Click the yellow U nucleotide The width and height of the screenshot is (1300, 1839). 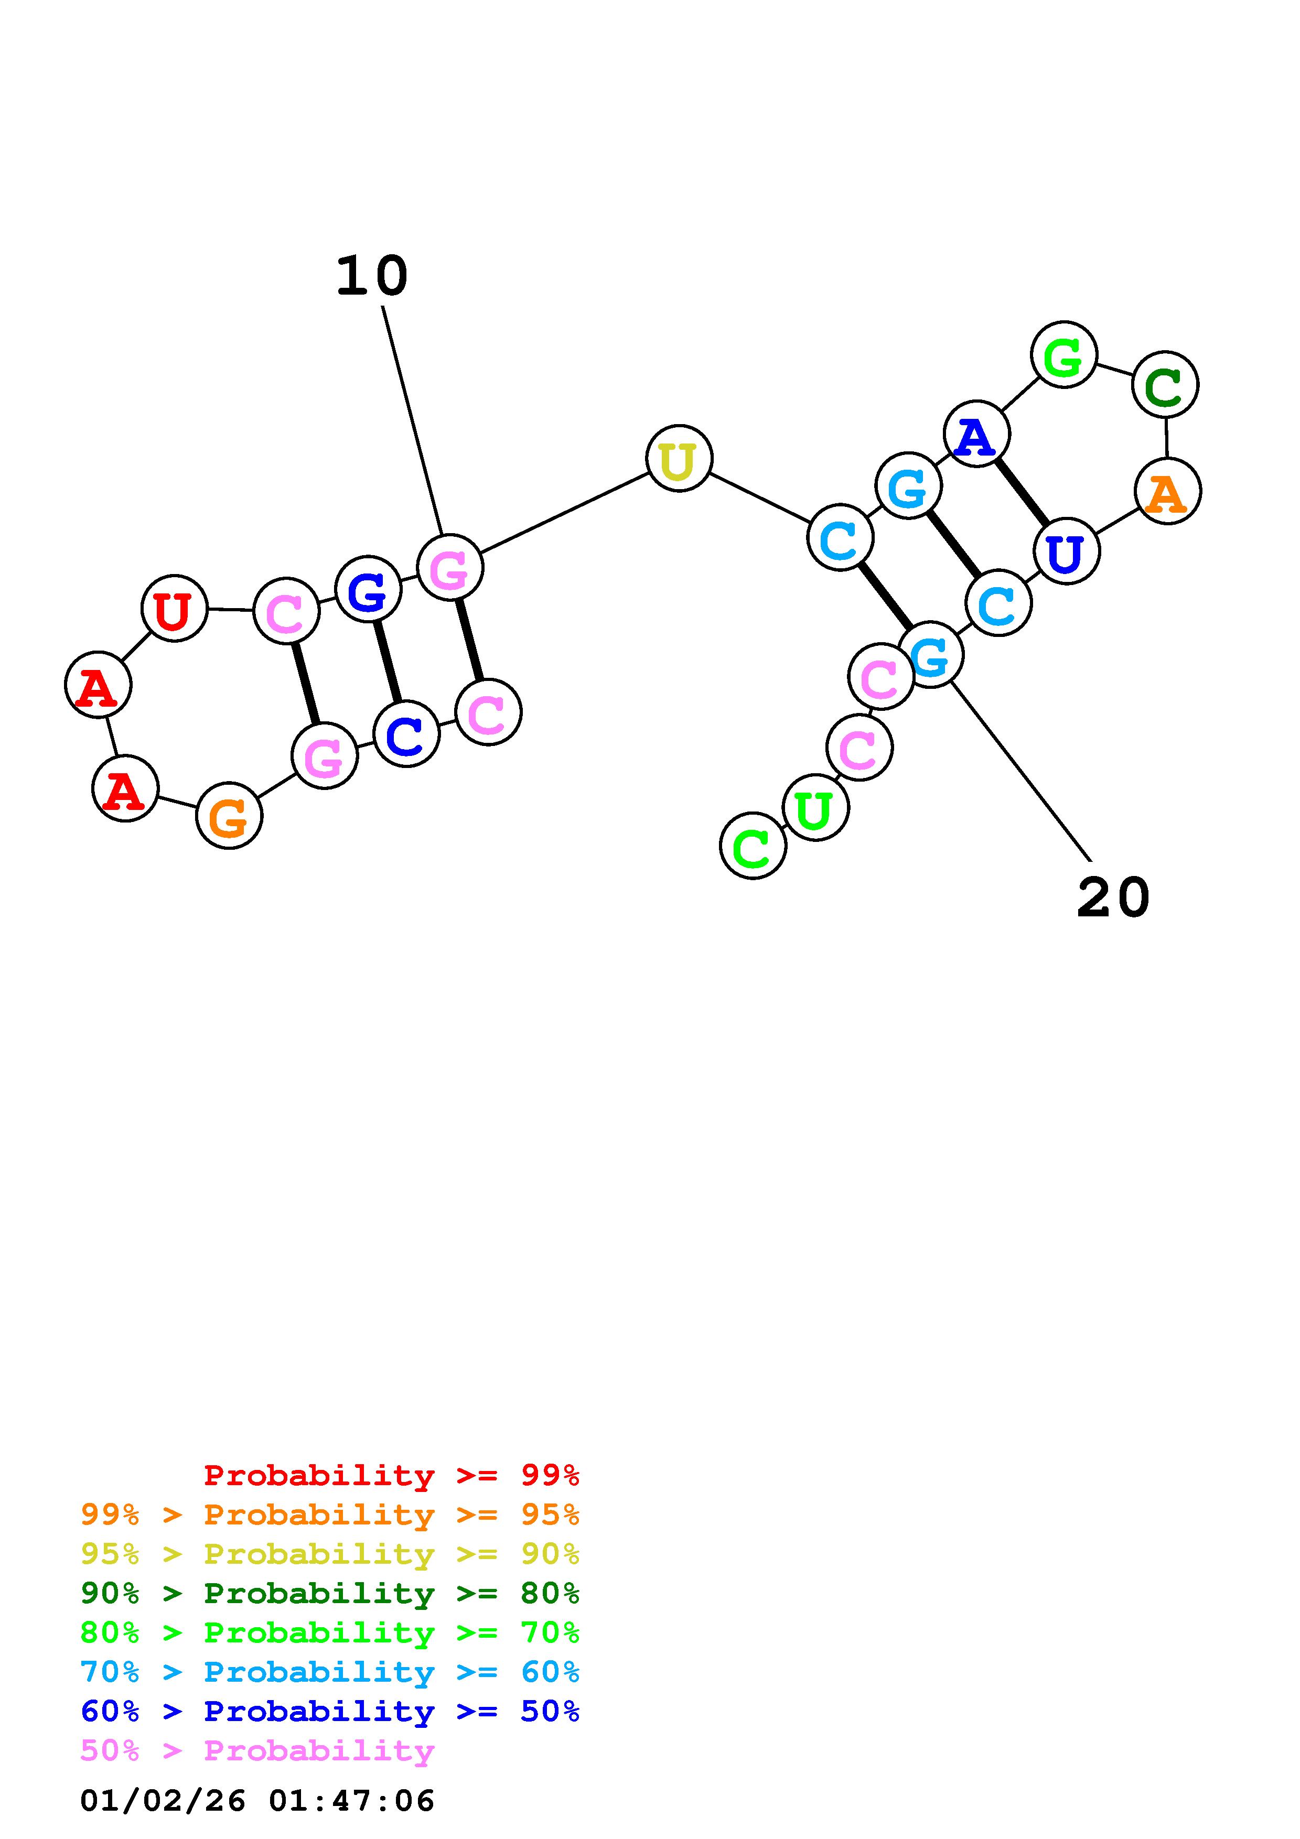click(x=679, y=458)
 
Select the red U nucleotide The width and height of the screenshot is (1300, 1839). click(x=174, y=608)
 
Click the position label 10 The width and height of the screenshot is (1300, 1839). click(x=372, y=276)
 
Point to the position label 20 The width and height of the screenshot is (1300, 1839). click(x=1113, y=898)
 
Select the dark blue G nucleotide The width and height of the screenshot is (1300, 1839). click(x=368, y=590)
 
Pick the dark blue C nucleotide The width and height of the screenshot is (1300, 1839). click(x=406, y=734)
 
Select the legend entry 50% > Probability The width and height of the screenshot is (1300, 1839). click(x=257, y=1751)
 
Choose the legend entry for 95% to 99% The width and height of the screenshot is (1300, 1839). click(x=330, y=1515)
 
